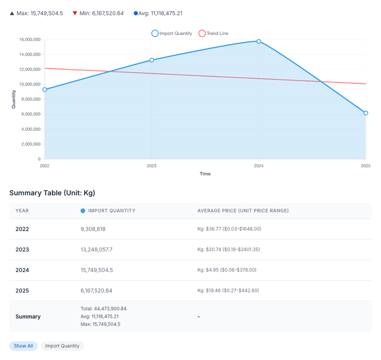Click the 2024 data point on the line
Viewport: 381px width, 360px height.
(259, 41)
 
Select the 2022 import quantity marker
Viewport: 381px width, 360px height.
(45, 89)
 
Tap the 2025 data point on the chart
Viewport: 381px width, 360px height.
(365, 113)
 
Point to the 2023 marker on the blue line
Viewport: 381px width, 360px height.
(152, 60)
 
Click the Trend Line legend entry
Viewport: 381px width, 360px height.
(214, 33)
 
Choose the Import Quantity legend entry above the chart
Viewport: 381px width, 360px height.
(172, 33)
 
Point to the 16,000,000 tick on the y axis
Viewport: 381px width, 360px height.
(29, 40)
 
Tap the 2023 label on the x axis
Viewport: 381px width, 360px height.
(151, 166)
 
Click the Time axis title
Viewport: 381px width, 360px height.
(205, 174)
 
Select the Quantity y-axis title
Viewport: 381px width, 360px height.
(14, 99)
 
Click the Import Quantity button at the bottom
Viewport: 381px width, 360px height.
(62, 346)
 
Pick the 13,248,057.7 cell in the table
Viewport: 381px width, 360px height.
(97, 250)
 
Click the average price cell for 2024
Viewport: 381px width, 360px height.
(227, 270)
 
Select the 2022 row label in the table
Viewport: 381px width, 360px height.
(22, 229)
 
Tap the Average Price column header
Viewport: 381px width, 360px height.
(243, 211)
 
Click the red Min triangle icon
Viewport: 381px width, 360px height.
(75, 13)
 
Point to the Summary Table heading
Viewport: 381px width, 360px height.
(52, 193)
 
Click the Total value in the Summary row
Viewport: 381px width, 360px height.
(104, 308)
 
